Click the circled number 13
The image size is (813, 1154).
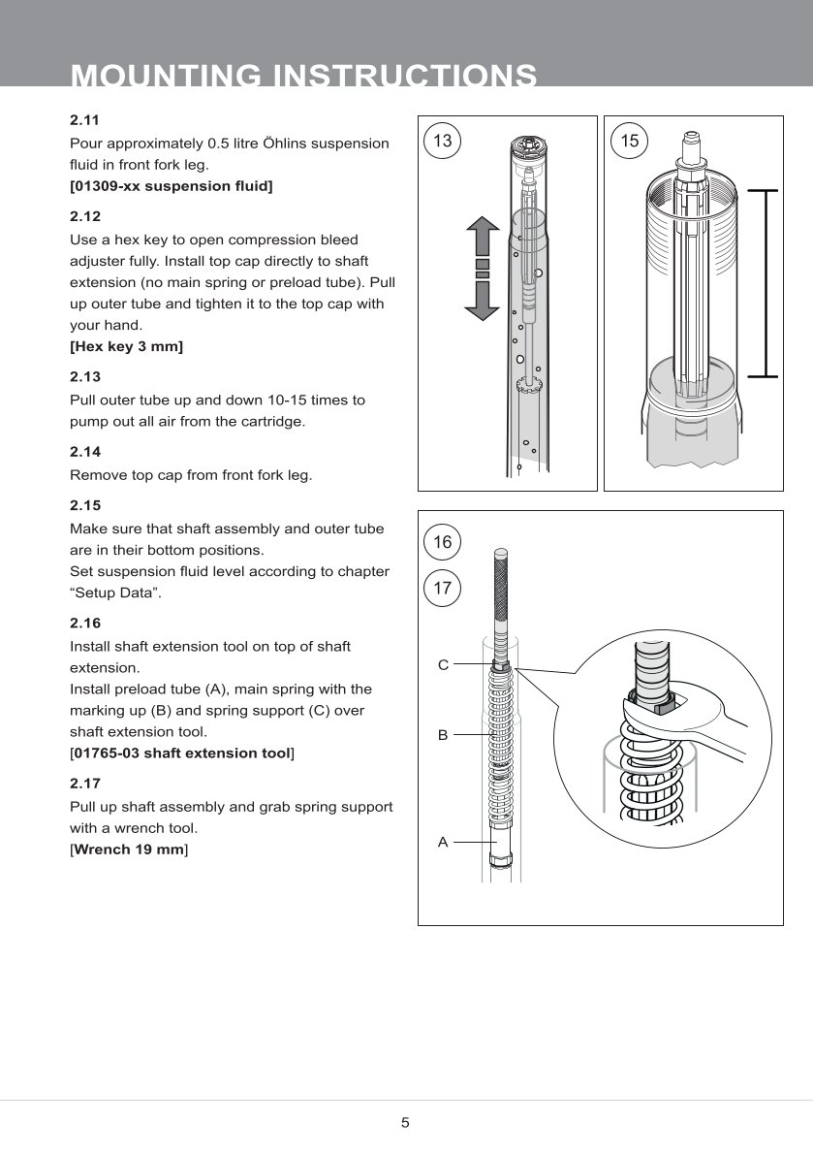pyautogui.click(x=442, y=142)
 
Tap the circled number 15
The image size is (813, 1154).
pyautogui.click(x=630, y=142)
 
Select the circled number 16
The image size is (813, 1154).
pyautogui.click(x=442, y=542)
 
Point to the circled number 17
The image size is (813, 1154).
pyautogui.click(x=442, y=588)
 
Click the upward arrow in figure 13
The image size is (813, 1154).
pyautogui.click(x=482, y=237)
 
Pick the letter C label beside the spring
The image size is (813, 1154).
pyautogui.click(x=443, y=665)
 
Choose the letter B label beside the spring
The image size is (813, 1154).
pyautogui.click(x=443, y=735)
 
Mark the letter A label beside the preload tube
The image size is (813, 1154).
pyautogui.click(x=443, y=842)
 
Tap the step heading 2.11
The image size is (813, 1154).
pyautogui.click(x=85, y=121)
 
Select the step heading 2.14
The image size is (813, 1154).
pyautogui.click(x=85, y=452)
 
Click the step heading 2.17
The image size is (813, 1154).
pyautogui.click(x=85, y=784)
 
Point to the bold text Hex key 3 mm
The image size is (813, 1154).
pyautogui.click(x=127, y=346)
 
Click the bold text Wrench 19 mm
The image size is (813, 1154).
pyautogui.click(x=129, y=849)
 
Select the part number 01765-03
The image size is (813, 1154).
pyautogui.click(x=106, y=753)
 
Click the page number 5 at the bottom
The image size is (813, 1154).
pyautogui.click(x=406, y=1123)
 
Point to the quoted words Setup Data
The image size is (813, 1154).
pyautogui.click(x=116, y=593)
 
